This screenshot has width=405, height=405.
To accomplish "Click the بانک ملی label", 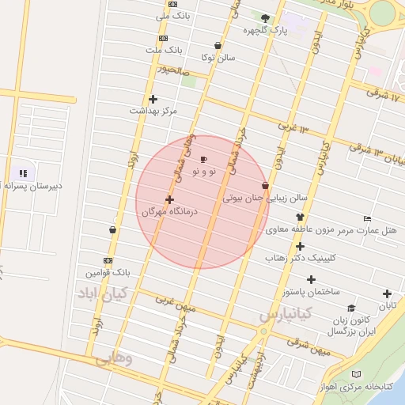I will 174,15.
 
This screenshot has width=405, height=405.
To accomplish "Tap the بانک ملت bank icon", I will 163,37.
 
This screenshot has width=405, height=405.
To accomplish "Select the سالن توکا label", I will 218,57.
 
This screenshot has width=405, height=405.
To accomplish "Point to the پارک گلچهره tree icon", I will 265,18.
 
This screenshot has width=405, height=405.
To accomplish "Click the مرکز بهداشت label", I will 153,111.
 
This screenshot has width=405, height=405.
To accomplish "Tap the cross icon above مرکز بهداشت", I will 153,98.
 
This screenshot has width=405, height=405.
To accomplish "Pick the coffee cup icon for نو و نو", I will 204,159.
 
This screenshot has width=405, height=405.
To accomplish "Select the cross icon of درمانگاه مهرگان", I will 169,199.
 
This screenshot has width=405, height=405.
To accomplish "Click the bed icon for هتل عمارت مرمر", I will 366,218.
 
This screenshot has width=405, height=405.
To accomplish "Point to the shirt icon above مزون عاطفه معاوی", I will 299,218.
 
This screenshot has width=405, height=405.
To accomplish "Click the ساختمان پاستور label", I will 311,291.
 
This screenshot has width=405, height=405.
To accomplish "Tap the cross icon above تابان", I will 387,293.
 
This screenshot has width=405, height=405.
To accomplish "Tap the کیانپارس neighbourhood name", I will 285,314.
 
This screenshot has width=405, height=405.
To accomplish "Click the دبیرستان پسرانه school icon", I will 23,172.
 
